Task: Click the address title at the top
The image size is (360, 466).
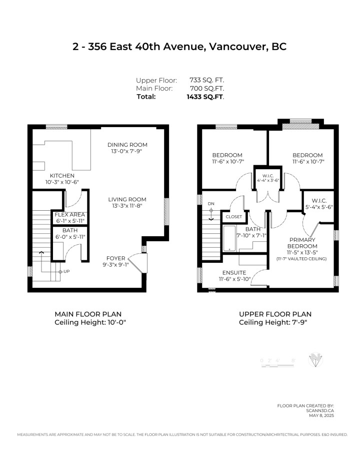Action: point(179,47)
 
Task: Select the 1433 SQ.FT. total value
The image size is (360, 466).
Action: point(205,97)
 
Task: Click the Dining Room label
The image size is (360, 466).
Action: point(127,145)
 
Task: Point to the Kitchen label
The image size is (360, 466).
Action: point(62,176)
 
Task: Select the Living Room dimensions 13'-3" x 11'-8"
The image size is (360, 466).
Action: point(127,207)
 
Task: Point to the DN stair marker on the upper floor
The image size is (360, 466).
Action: point(211,204)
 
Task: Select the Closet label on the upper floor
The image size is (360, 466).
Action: point(234,217)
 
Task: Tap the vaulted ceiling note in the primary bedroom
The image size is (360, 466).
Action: point(301,259)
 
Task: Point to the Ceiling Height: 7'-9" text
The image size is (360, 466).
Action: point(272,322)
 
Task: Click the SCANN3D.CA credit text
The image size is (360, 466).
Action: point(321,410)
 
